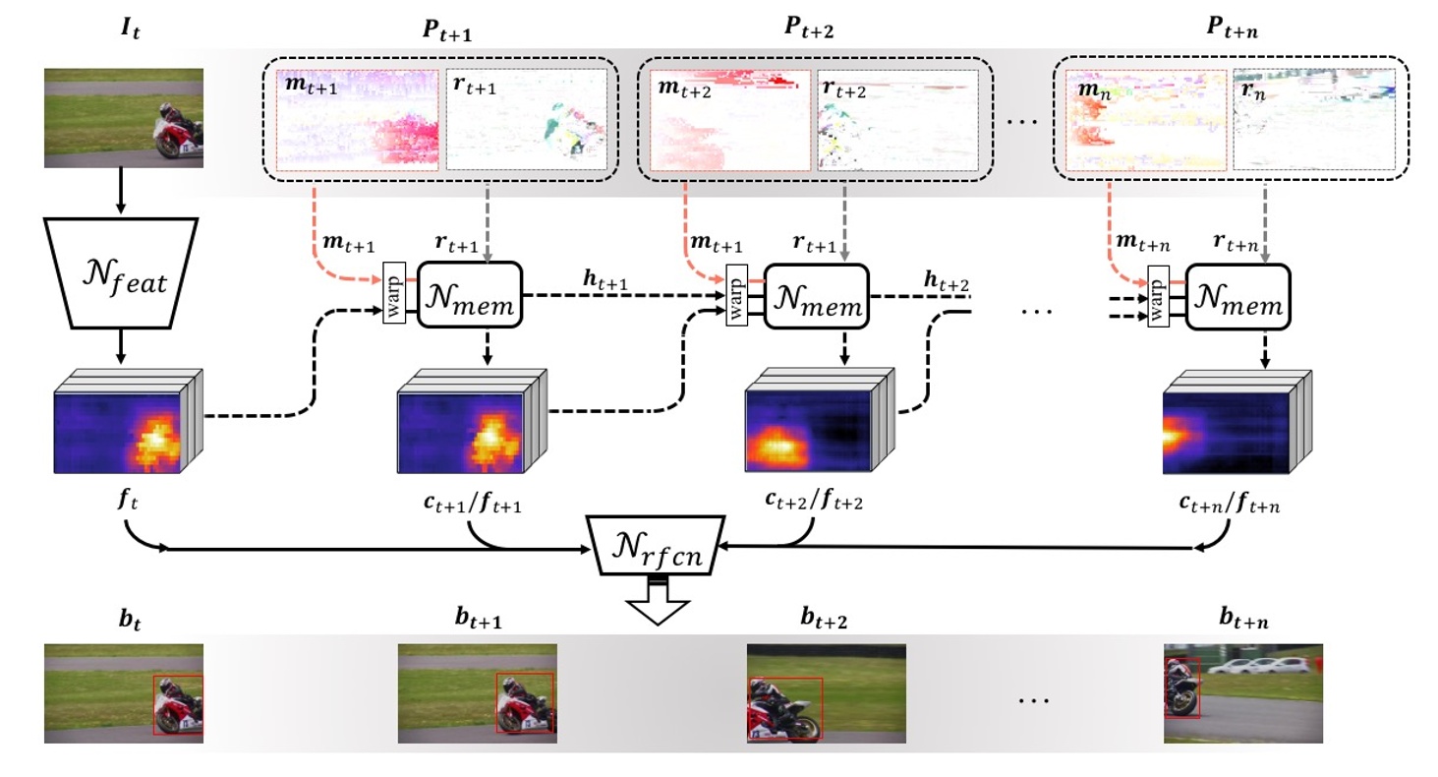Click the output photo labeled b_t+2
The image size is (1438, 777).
(x=826, y=692)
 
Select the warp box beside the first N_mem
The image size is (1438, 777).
(x=395, y=296)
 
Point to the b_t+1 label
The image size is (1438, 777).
(x=477, y=619)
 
